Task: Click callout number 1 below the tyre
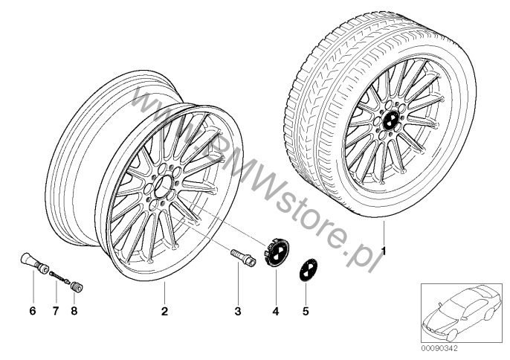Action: [x=384, y=251]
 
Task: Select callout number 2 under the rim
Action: [x=165, y=311]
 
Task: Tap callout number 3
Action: [x=237, y=311]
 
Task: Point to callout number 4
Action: [x=275, y=311]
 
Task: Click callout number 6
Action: [x=32, y=311]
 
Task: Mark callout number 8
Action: [x=74, y=311]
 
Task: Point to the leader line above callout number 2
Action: [x=165, y=293]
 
